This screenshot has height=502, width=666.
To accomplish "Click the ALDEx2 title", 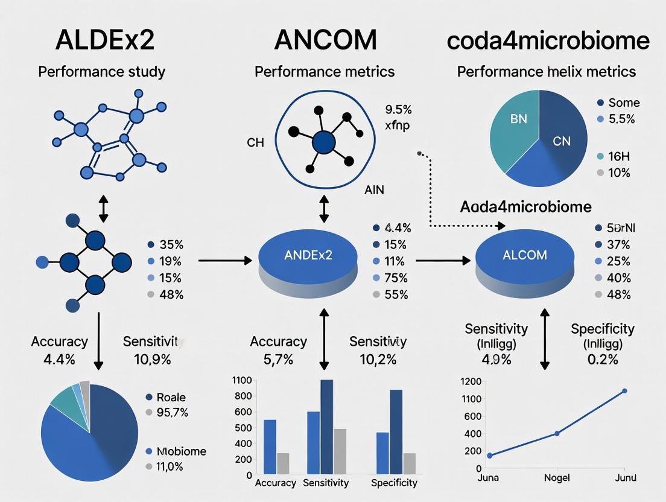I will point(104,39).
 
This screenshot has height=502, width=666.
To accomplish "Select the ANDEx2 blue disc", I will point(308,255).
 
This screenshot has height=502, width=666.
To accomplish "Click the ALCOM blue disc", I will point(524,255).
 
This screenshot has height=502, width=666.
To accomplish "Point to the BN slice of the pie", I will point(518,119).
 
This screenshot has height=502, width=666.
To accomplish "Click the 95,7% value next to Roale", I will point(173,413).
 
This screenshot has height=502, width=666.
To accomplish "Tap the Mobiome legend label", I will point(181,451).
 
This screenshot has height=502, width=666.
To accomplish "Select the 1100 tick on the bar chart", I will point(241,380).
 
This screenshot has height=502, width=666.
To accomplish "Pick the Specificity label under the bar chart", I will point(394,483).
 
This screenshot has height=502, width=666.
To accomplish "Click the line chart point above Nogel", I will point(557,433).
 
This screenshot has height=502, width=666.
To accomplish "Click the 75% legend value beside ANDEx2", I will point(396,278).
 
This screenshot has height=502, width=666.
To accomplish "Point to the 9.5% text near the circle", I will point(398,110).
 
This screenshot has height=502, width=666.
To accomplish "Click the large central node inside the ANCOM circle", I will point(324,142).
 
